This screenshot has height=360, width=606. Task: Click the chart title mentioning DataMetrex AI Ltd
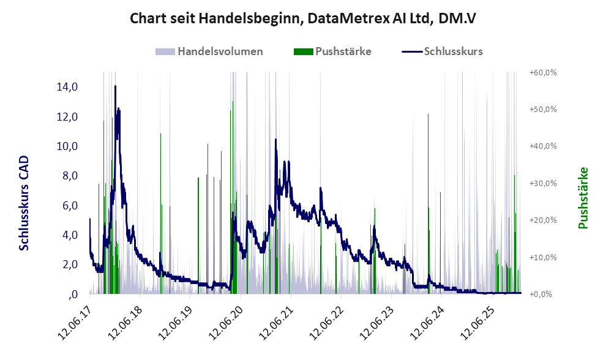(303, 19)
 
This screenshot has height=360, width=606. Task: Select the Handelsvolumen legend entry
(220, 51)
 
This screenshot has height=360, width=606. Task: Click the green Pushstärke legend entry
(342, 51)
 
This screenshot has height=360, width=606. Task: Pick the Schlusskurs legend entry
(453, 51)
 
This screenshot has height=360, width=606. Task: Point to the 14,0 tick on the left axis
(67, 87)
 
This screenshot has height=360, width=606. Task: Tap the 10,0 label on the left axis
(67, 146)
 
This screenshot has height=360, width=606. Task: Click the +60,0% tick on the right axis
(542, 72)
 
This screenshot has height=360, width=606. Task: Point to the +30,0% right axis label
(542, 183)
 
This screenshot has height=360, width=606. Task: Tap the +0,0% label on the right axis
(541, 294)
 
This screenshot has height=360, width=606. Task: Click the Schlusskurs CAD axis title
(24, 203)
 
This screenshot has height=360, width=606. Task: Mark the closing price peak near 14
(115, 87)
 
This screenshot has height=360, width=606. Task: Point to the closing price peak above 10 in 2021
(276, 140)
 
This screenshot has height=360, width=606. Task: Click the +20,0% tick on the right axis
(542, 220)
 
